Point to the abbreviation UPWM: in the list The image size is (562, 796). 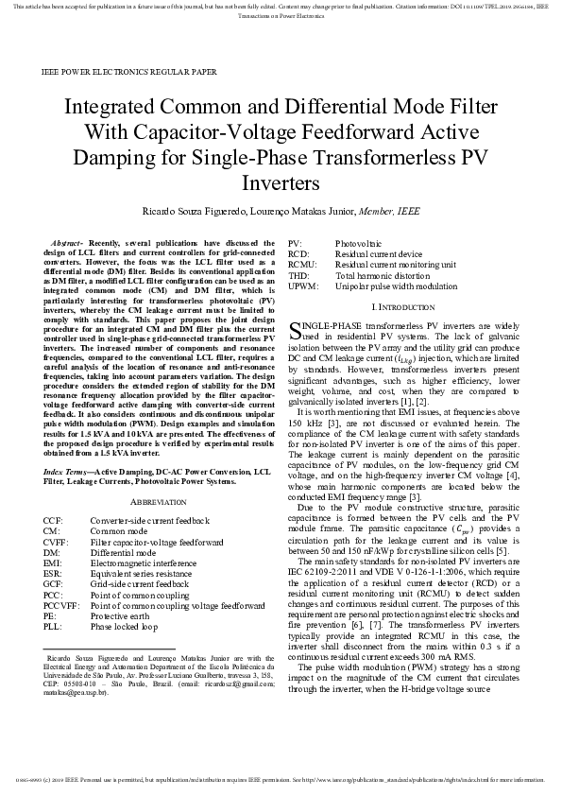point(304,286)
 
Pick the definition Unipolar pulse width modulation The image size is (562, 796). point(396,286)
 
